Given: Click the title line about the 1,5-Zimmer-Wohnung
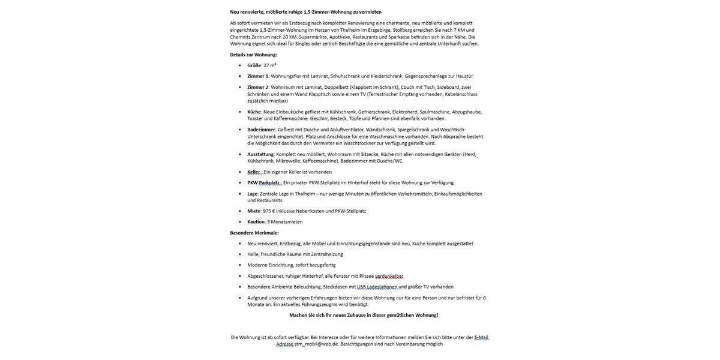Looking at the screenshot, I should [x=305, y=12].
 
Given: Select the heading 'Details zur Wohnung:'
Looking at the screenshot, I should [x=253, y=55].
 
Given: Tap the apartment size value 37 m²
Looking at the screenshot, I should [x=270, y=65].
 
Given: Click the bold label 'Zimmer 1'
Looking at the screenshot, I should [x=257, y=76].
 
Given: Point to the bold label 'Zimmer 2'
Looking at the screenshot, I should [x=257, y=87].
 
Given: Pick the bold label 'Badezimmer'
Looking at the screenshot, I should [x=261, y=130].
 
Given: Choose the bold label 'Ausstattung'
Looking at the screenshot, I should [x=260, y=154].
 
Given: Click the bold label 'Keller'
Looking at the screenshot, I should [x=254, y=172].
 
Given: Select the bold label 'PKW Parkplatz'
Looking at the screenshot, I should [x=263, y=183].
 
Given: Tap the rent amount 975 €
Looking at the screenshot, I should [x=269, y=211].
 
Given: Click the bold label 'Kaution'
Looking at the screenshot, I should [x=256, y=222].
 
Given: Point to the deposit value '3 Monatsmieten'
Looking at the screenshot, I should [x=285, y=222].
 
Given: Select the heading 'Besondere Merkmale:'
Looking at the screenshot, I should [x=254, y=233].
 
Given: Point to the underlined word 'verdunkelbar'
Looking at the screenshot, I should [x=389, y=277].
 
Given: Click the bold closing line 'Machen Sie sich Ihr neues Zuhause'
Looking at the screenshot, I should [x=364, y=316].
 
